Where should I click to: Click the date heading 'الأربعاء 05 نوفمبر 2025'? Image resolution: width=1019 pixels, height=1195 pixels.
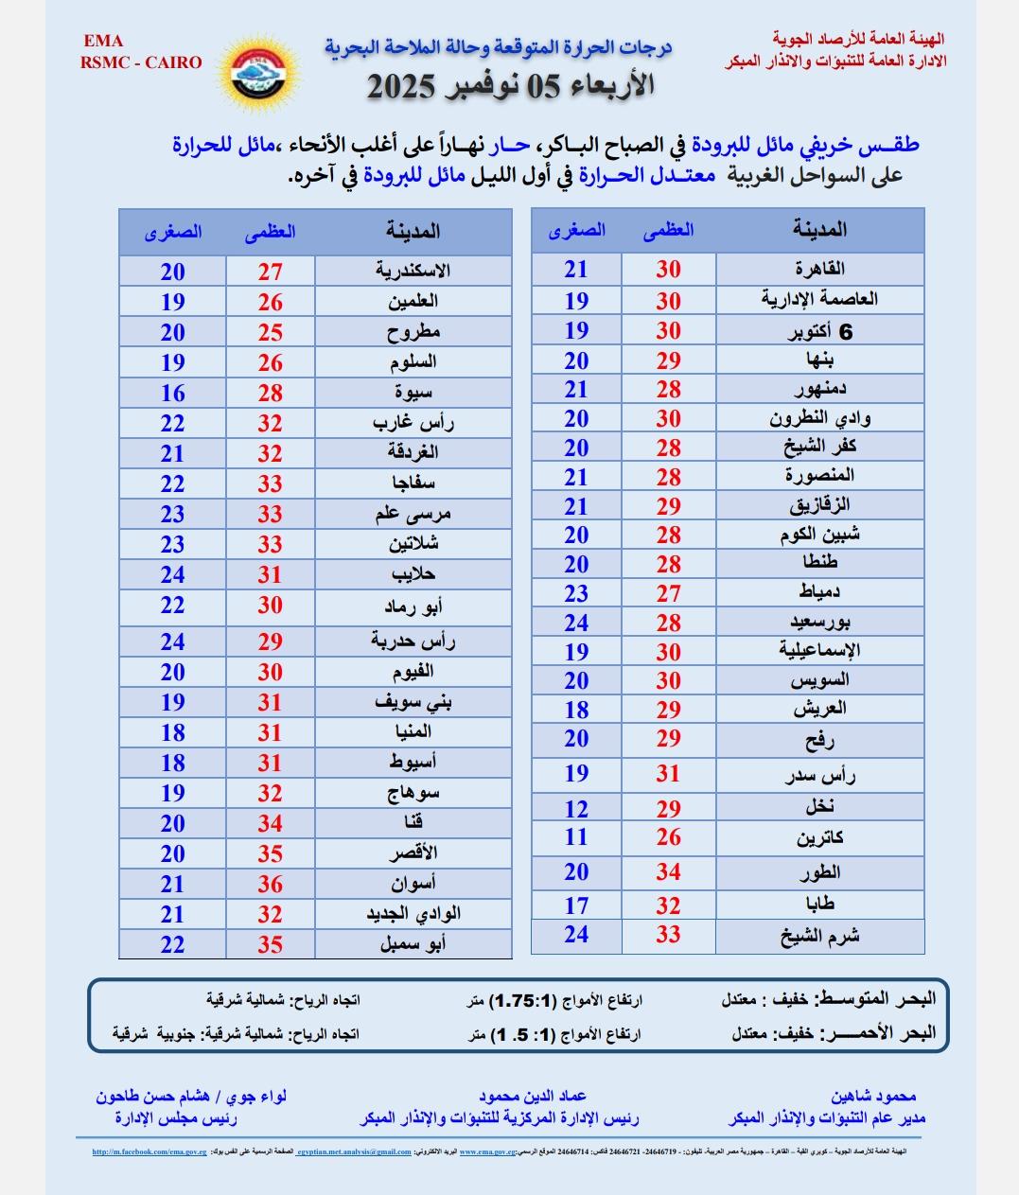[x=510, y=87]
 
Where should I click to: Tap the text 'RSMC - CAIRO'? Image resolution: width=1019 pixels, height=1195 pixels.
[x=142, y=62]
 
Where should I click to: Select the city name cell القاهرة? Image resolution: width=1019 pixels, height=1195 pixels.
[x=820, y=269]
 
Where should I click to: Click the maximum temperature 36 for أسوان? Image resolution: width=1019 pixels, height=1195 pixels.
[x=271, y=884]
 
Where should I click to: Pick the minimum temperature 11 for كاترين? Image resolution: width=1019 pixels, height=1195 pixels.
[x=576, y=837]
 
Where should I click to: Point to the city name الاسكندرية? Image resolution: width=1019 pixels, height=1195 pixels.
[x=413, y=271]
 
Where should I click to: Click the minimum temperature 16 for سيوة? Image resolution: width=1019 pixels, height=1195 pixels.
[x=172, y=393]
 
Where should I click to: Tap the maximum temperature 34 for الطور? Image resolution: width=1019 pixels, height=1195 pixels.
[x=669, y=872]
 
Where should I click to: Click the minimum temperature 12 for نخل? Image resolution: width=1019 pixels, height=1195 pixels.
[x=576, y=809]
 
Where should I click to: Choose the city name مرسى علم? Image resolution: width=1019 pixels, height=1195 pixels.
[x=413, y=514]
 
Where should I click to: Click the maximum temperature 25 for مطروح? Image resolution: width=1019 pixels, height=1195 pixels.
[x=271, y=332]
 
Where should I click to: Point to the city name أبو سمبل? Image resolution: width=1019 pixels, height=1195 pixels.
[x=413, y=943]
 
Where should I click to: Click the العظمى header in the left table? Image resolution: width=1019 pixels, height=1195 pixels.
[x=271, y=232]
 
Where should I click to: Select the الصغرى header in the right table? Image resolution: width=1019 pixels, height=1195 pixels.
[x=576, y=230]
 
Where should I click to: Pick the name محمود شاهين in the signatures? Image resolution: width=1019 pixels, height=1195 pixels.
[x=873, y=1097]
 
